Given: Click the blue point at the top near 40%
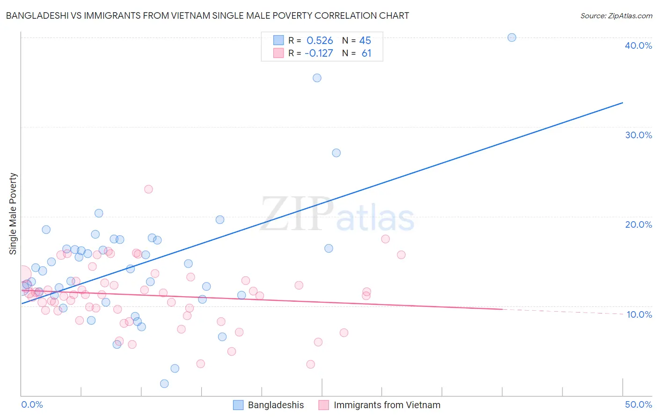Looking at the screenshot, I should (512, 37).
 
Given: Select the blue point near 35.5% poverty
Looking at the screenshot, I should (317, 78).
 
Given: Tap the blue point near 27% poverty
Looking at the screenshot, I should (336, 153).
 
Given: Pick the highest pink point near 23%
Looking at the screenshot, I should (148, 189).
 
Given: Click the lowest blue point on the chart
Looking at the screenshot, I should (164, 384).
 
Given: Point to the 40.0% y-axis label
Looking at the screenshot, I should (638, 45).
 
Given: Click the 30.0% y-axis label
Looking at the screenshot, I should (638, 135).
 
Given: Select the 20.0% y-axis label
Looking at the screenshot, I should (638, 224).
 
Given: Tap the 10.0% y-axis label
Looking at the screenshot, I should (639, 314).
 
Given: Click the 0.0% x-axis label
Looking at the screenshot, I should (32, 404).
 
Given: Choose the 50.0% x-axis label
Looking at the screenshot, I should (638, 404).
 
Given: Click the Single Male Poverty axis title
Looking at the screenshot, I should (13, 214).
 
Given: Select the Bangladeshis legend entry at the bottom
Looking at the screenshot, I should (275, 405).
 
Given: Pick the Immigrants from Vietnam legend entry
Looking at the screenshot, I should (387, 405).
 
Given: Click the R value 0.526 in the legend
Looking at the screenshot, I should (320, 41).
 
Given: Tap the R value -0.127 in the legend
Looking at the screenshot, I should (319, 53).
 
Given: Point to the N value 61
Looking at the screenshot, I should (366, 53).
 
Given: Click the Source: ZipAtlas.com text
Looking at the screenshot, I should (616, 16).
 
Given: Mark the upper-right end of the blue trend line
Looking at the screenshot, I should (622, 103).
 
